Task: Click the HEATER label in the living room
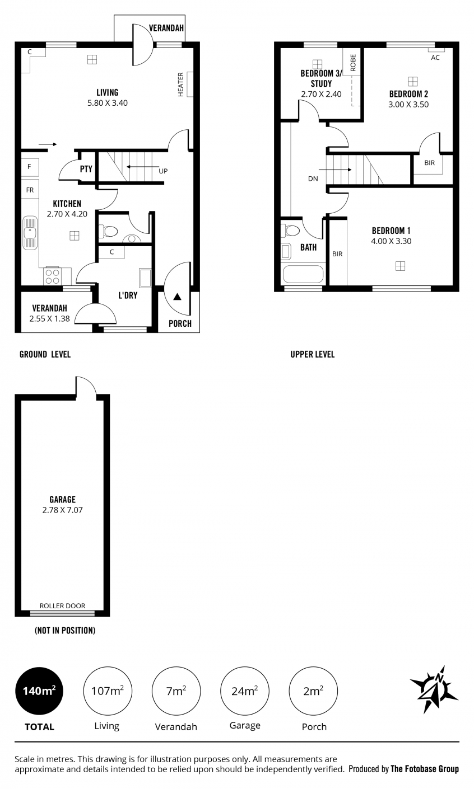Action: coord(180,84)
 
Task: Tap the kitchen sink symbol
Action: coord(30,233)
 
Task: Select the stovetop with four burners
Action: coord(52,276)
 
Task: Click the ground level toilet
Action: coord(108,232)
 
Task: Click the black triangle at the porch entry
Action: coord(178,297)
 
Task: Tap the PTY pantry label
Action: coord(86,169)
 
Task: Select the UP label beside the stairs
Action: coord(163,171)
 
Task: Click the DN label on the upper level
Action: coord(313,179)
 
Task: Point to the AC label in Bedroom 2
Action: coord(435,58)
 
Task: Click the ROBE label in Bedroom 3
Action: coord(353,63)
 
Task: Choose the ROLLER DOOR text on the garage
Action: coord(62,606)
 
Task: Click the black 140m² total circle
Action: coord(39,691)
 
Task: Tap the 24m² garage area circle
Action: coord(245,691)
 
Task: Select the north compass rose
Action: coord(434,689)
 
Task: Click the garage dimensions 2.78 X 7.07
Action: coord(62,510)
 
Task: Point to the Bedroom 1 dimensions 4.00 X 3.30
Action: coord(391,241)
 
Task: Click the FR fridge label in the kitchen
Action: coord(30,190)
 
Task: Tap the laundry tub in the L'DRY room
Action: coord(145,278)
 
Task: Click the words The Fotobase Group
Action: coord(425,768)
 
